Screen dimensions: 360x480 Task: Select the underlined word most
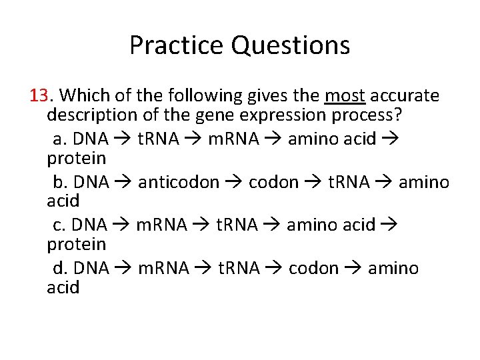click(345, 96)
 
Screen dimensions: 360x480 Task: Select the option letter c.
click(58, 225)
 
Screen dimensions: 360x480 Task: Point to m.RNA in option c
click(161, 225)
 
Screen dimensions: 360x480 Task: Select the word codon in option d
click(313, 269)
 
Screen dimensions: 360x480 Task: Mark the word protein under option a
click(76, 159)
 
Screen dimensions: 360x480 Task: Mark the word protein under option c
click(76, 245)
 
